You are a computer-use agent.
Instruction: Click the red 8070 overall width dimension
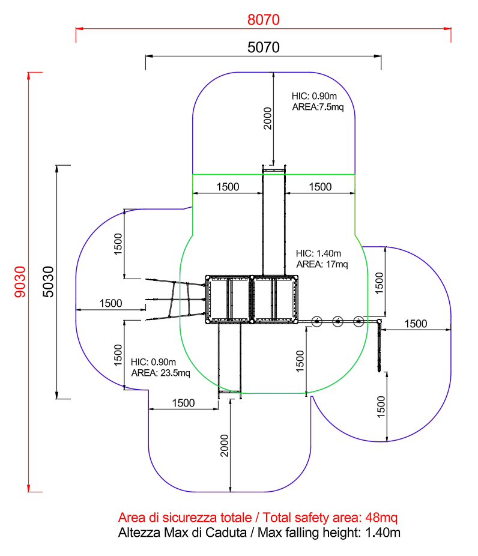pos(264,19)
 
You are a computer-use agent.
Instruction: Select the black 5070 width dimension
pos(264,47)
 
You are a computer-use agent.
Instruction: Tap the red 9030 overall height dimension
pos(19,282)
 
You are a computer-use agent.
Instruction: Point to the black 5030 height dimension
pos(48,282)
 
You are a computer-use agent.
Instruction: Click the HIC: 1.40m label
pos(318,253)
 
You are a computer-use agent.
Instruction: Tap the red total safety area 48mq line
pos(258,518)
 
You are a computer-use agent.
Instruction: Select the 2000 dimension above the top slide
pos(268,118)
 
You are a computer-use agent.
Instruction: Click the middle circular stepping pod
pos(338,322)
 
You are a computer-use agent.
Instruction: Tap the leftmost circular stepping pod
pos(317,322)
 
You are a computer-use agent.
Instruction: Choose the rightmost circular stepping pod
pos(359,322)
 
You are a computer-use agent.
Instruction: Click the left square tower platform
pos(228,299)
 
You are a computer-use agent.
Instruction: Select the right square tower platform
pos(274,299)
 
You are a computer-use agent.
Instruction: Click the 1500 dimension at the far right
pos(416,324)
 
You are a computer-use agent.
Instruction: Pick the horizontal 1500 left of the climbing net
pos(110,304)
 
